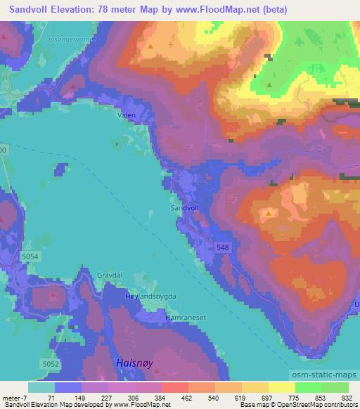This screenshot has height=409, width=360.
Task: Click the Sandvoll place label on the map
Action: pyautogui.click(x=185, y=209)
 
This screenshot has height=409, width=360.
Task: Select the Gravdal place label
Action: pyautogui.click(x=111, y=276)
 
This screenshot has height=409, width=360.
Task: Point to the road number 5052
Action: pyautogui.click(x=49, y=363)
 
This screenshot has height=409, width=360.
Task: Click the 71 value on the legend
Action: pyautogui.click(x=51, y=398)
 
